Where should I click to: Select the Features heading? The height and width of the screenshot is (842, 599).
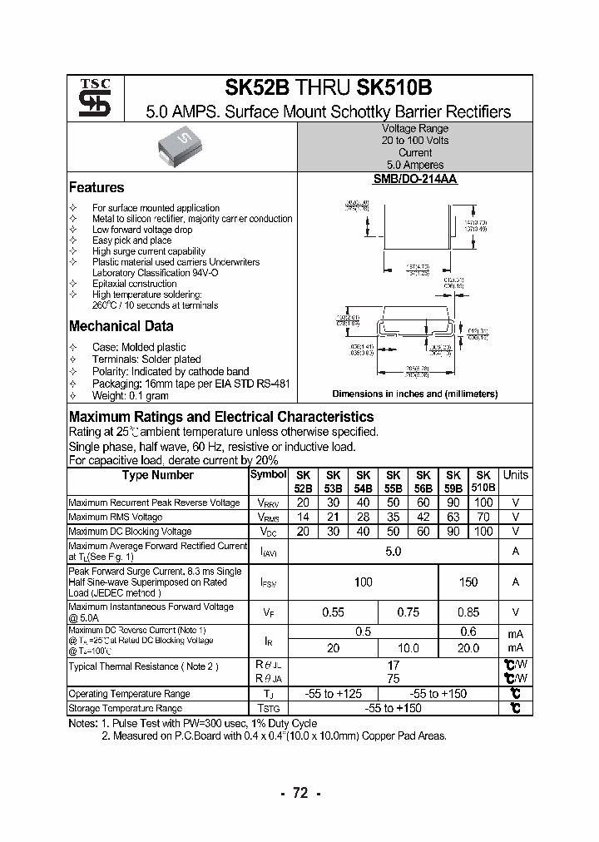tap(97, 188)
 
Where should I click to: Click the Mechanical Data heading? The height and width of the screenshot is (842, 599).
tap(121, 327)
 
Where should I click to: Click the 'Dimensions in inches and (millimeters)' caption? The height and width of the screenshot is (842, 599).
tap(414, 394)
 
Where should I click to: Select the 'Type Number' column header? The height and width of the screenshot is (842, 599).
tap(157, 476)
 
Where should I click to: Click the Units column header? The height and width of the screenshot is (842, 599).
tap(515, 476)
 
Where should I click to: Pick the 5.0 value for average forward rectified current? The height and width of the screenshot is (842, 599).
tap(394, 552)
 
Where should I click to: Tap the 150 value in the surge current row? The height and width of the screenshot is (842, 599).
tap(468, 582)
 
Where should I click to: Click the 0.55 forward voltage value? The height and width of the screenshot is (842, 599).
tap(333, 612)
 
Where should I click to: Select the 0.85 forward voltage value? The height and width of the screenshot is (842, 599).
tap(468, 612)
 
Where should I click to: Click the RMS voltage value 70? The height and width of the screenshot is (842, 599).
tap(483, 517)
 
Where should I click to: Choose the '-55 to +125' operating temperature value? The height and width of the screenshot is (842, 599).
tap(333, 694)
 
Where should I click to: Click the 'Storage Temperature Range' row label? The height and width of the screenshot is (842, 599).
tap(125, 708)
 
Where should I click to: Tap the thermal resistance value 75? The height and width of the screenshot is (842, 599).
tap(394, 678)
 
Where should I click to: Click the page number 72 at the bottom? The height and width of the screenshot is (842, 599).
tap(299, 794)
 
